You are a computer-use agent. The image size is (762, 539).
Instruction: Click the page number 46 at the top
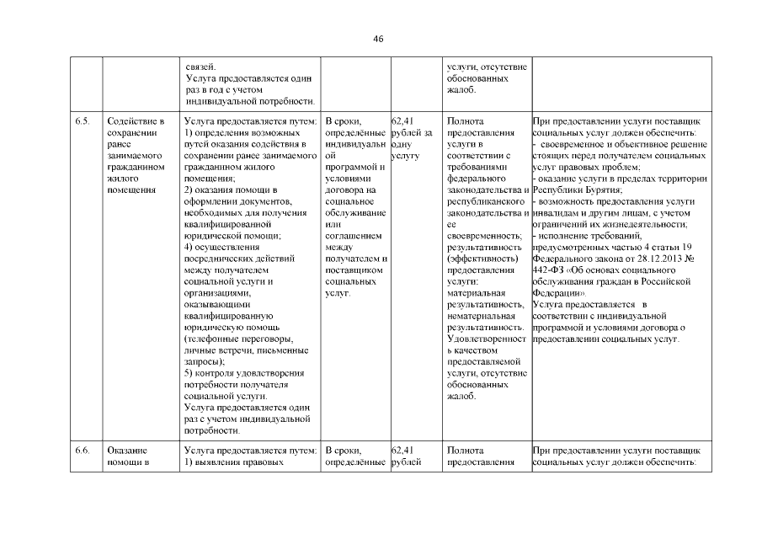coord(380,40)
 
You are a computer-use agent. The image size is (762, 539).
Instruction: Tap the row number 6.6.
coord(82,451)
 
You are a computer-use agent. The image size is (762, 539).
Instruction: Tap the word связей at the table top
coord(200,67)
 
